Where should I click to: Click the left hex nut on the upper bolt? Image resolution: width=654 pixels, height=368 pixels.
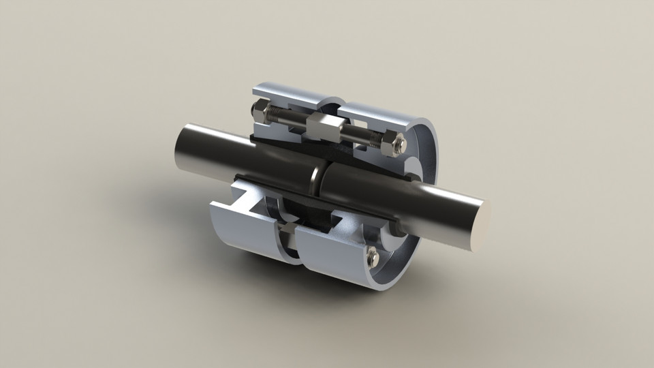tap(262, 109)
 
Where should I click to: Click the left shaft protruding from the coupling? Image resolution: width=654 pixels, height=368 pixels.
tap(204, 147)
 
